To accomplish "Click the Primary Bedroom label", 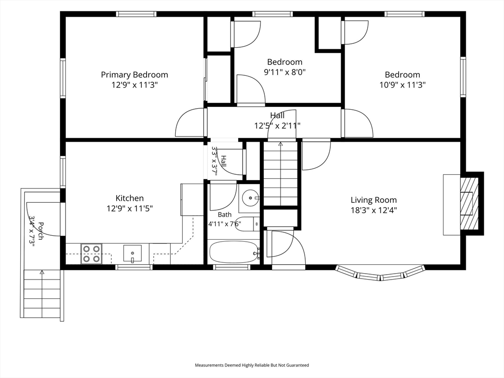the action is point(134,75).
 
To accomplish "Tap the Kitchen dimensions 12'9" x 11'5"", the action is point(129,209).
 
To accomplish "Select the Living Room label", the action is point(374,200).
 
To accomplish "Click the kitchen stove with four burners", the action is point(92,254).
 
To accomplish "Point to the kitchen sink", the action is point(132,253).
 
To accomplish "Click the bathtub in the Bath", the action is point(234,252).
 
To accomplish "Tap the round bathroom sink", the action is point(250,197).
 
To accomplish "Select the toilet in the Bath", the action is point(248,224).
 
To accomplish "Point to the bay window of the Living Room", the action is point(380,273).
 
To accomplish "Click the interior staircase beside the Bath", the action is point(280,174).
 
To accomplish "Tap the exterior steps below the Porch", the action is point(42,294).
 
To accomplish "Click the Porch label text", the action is point(40,231).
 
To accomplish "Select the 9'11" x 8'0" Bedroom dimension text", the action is point(285,72).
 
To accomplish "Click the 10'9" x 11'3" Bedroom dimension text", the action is point(403,85).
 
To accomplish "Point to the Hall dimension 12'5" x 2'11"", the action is point(278,126).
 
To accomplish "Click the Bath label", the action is point(224,215).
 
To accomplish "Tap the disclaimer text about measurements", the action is point(252,365).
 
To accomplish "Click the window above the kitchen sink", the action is point(134,267).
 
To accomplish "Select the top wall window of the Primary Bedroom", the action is point(136,14).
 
